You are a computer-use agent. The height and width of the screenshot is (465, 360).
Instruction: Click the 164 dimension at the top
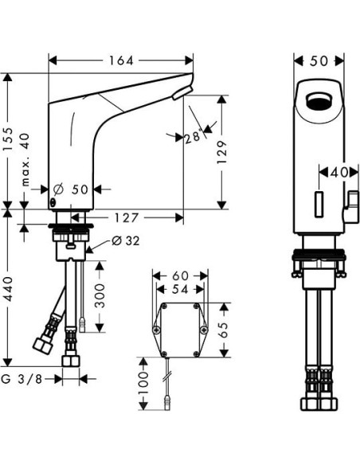(121, 61)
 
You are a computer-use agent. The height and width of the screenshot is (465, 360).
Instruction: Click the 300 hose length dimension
(100, 294)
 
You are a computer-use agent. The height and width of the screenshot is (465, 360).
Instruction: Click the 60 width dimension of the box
(181, 275)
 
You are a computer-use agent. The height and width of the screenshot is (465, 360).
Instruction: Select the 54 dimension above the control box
(181, 290)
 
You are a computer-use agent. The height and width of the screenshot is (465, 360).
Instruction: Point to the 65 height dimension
(224, 329)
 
